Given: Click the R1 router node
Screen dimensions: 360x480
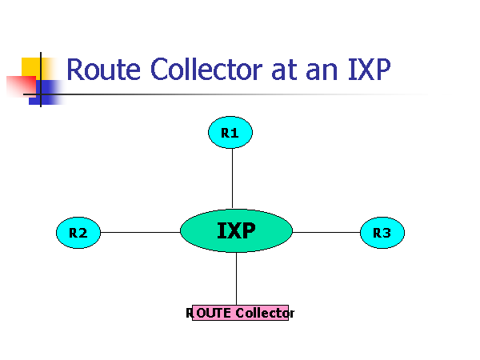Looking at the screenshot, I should point(230,133).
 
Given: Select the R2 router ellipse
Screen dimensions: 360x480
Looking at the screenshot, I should point(78,233).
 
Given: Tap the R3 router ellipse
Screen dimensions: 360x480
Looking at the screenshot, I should point(382,233).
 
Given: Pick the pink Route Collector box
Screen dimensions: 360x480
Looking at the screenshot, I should point(240,313).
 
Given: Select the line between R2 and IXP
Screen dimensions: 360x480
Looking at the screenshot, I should point(140,233).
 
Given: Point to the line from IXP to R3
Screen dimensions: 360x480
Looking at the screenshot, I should point(326,233).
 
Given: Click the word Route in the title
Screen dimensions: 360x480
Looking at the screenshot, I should point(97,70).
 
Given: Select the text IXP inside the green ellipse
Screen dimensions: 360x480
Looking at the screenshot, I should point(236,231).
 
